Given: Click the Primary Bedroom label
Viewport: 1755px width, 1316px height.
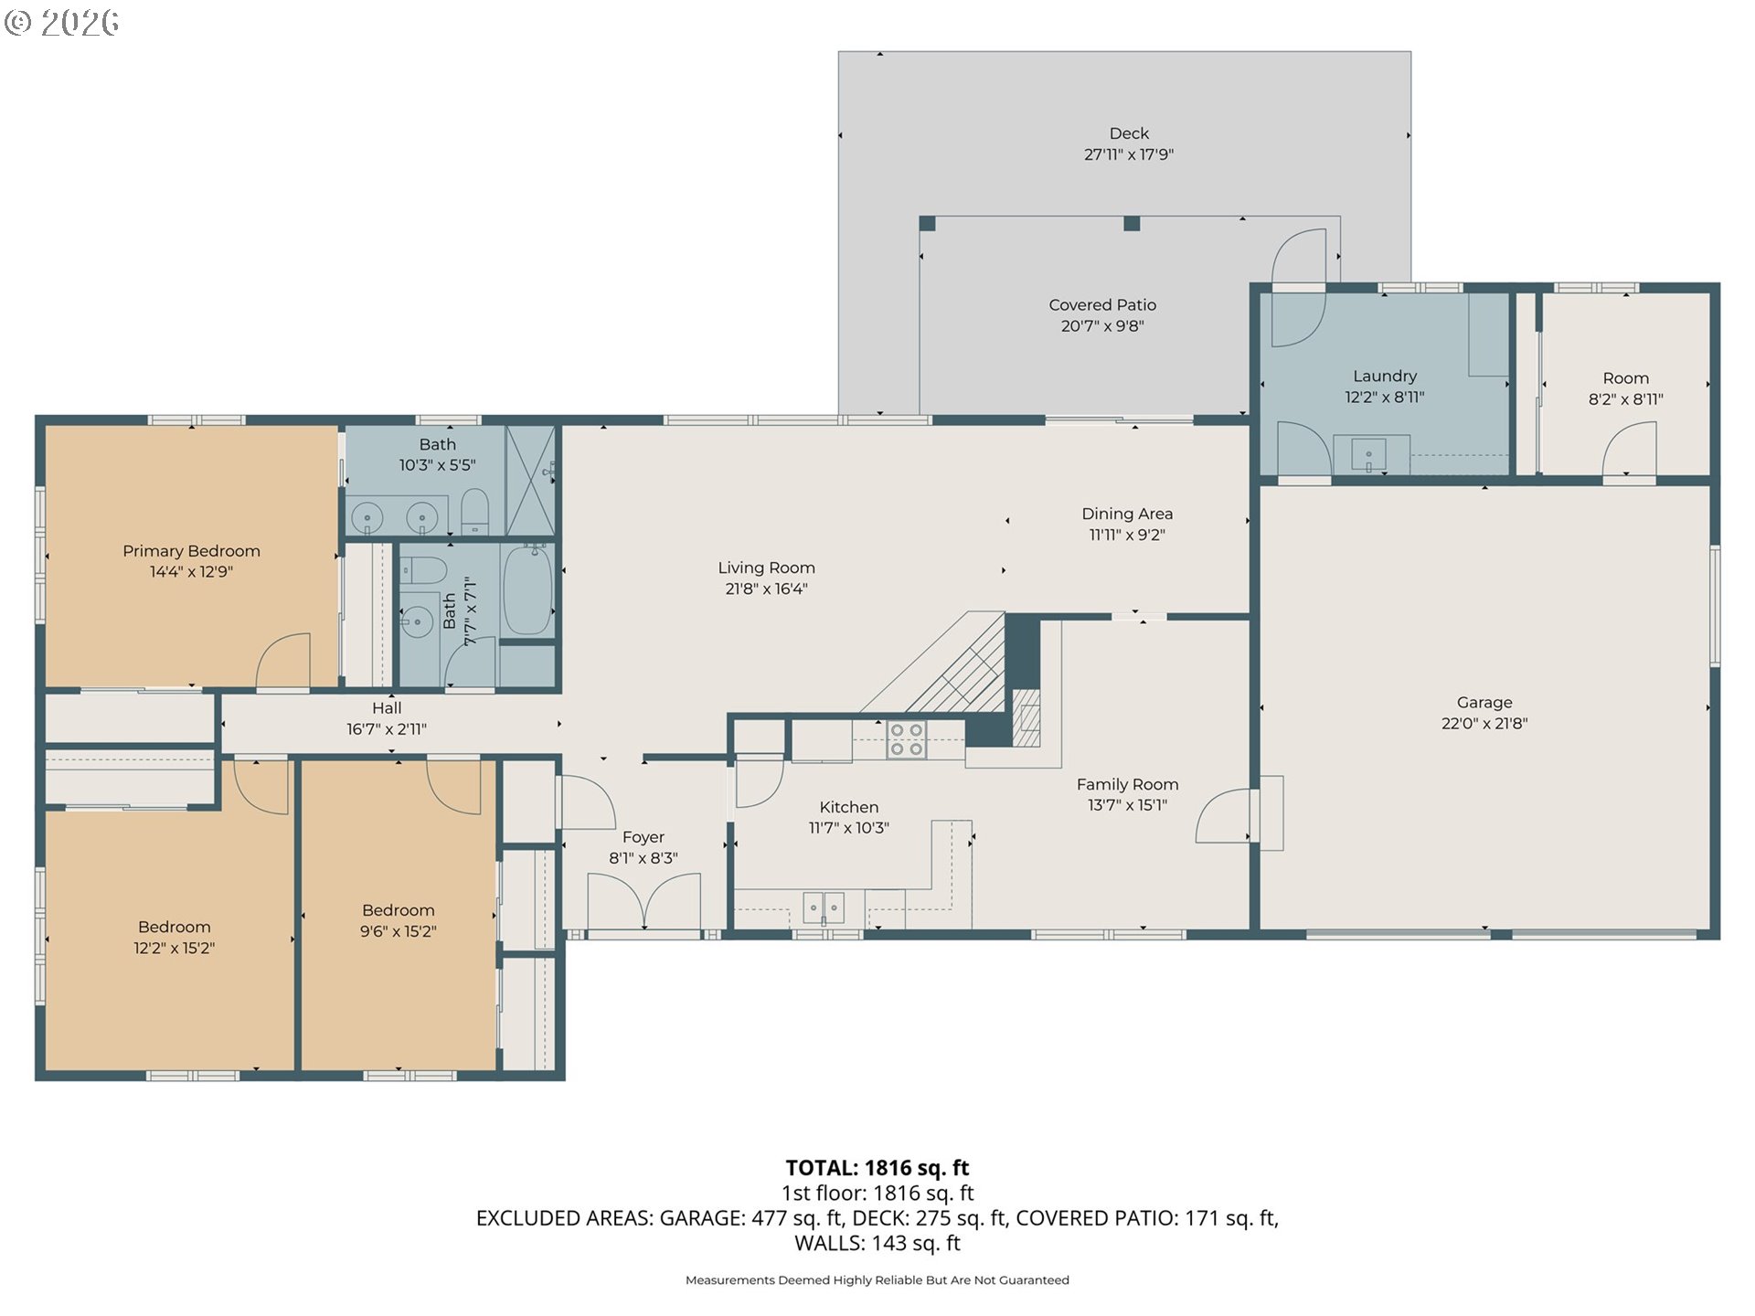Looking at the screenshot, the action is click(191, 551).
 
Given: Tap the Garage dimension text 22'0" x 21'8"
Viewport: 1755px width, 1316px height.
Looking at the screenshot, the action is click(1484, 723).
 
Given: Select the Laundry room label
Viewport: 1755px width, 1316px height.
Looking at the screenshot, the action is click(1385, 376).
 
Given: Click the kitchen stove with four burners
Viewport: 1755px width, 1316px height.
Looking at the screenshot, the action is click(908, 739).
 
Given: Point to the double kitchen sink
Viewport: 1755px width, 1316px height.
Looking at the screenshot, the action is click(824, 907).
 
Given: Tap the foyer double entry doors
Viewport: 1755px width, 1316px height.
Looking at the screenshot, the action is click(644, 902).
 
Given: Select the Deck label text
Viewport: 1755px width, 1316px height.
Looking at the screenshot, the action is click(1129, 133).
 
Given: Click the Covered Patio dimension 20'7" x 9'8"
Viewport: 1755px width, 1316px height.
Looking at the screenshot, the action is click(1102, 326).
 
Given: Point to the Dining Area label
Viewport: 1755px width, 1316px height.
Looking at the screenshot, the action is click(1127, 514).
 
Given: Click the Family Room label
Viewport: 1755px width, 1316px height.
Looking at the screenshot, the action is click(1127, 784).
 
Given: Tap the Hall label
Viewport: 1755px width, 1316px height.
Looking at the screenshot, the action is click(387, 707).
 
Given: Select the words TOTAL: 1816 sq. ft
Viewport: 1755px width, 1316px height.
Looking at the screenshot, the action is click(877, 1167).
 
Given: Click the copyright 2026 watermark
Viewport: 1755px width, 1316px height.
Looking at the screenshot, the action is click(61, 23).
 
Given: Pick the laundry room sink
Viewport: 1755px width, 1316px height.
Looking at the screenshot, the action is click(1368, 454).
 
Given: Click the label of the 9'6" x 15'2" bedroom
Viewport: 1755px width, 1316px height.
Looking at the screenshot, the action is click(399, 910).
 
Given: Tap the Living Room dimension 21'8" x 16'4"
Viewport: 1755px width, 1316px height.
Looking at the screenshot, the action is click(766, 589).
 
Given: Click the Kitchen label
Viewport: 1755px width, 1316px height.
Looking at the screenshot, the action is click(849, 807).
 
